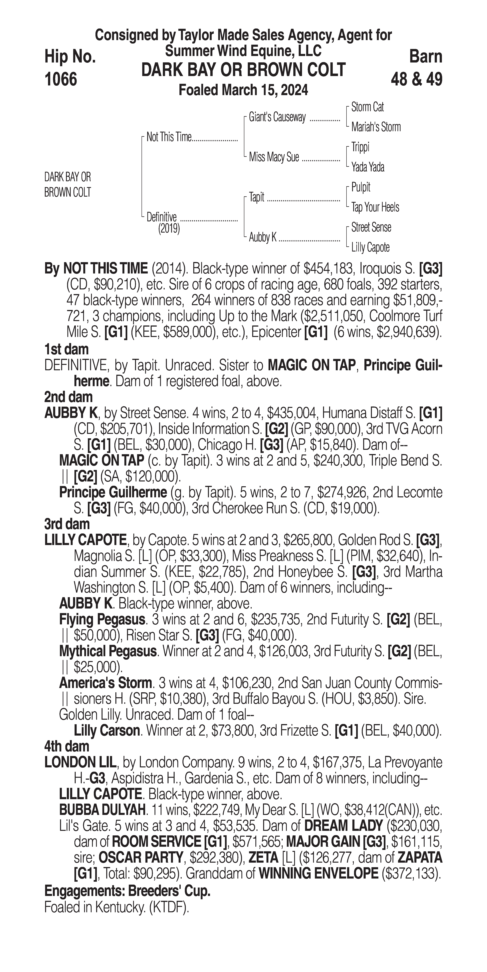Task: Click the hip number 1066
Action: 61,79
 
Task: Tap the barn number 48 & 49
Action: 416,79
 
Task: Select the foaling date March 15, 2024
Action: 243,90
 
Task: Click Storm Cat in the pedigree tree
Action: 367,107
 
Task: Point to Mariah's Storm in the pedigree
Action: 376,127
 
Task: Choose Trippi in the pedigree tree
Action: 360,147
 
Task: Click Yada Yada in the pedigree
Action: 368,167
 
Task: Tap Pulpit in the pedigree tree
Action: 361,187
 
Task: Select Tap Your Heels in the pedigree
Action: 375,207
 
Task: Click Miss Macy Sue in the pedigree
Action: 274,157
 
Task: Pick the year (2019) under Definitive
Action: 169,229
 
